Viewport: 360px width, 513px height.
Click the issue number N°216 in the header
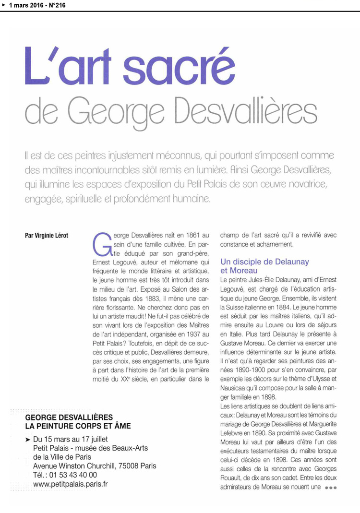point(54,5)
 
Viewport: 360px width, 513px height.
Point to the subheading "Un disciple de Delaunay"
point(264,262)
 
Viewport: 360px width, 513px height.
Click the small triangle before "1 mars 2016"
point(3,5)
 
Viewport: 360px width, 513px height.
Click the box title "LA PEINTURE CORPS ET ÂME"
point(78,426)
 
